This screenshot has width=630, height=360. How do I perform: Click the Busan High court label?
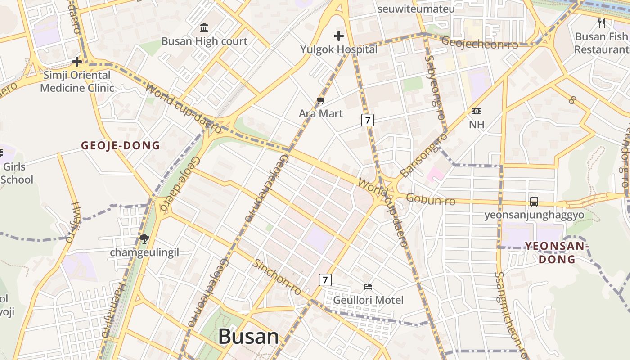point(204,41)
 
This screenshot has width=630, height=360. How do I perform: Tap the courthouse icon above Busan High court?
point(204,28)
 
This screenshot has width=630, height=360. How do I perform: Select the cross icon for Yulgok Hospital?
point(339,36)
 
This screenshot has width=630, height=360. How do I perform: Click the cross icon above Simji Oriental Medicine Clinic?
point(77,61)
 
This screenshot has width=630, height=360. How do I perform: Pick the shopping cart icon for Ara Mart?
point(320,100)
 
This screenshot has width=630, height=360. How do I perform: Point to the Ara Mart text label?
point(321,113)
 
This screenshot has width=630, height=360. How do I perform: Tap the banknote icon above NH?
point(476,111)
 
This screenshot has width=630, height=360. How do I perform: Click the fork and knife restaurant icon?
point(601,22)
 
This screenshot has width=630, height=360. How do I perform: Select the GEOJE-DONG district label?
point(121,145)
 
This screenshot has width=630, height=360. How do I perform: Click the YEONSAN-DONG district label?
point(557,252)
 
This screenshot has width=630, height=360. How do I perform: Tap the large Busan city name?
point(248,337)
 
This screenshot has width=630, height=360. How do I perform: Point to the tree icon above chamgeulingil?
point(144,239)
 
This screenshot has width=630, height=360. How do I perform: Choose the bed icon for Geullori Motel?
point(368,286)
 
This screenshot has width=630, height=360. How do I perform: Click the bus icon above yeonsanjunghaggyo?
point(534,202)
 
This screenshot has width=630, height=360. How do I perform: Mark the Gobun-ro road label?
point(431,199)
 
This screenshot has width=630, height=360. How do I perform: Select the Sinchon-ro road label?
point(276,277)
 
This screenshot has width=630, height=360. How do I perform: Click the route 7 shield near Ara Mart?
point(368,120)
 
